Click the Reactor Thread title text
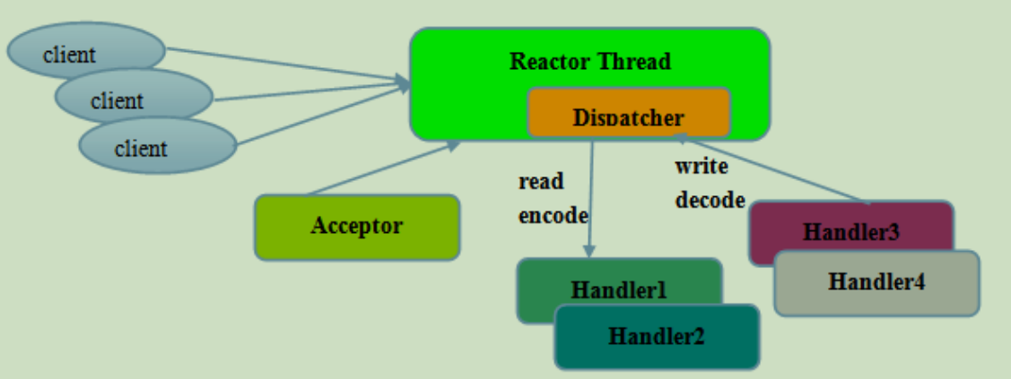click(x=590, y=62)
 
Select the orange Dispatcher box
click(x=629, y=113)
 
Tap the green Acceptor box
click(x=357, y=228)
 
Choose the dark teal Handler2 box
click(x=657, y=337)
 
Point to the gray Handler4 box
click(x=877, y=283)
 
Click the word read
click(x=541, y=182)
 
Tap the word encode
click(x=553, y=216)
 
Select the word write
click(x=702, y=166)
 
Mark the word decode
click(x=710, y=200)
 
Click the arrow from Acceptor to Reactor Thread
click(x=384, y=168)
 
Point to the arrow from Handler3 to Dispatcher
click(x=771, y=168)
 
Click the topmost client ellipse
click(x=86, y=50)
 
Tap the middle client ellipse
click(x=135, y=97)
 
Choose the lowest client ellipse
click(x=158, y=145)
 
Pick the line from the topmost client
click(x=288, y=65)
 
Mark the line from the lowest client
click(x=322, y=115)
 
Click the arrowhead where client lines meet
click(x=404, y=83)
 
